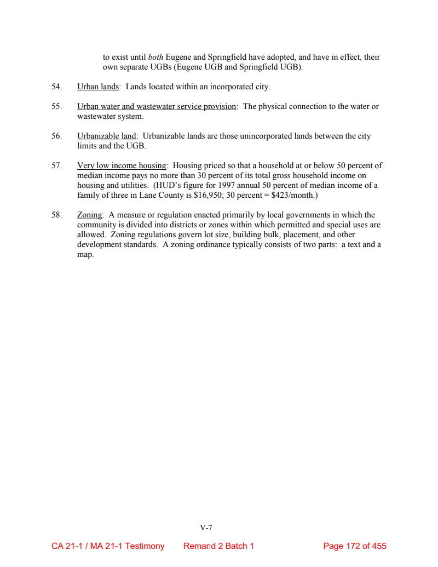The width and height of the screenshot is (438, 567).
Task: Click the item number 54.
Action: click(x=56, y=87)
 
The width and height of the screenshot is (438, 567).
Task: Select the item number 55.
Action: click(x=56, y=106)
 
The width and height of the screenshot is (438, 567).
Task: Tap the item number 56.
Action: click(x=56, y=136)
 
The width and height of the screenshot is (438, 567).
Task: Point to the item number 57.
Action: click(x=56, y=165)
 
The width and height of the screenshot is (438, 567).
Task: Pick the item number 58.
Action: click(x=56, y=215)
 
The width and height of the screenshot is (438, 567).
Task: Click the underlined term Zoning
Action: click(x=90, y=215)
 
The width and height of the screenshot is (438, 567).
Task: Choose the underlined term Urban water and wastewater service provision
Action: click(x=157, y=106)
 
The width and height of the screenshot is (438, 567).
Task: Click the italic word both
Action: click(x=155, y=57)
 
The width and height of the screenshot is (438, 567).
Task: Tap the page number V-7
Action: click(x=206, y=528)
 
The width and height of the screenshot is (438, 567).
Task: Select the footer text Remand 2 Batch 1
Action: click(x=218, y=546)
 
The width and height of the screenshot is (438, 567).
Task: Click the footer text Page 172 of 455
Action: click(x=355, y=546)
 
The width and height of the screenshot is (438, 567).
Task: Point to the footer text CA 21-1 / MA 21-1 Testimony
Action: click(x=108, y=546)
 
